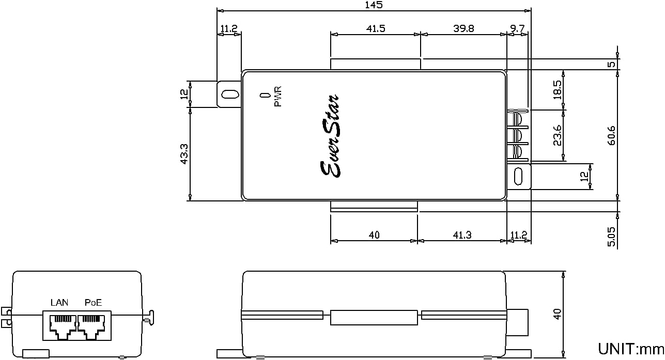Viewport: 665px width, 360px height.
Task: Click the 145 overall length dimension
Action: [x=374, y=5]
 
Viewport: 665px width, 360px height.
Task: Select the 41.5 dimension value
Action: [x=376, y=28]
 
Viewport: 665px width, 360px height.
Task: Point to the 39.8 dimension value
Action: [x=463, y=28]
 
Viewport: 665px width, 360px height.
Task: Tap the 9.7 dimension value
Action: [x=517, y=28]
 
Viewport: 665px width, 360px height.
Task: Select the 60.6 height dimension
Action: [x=612, y=135]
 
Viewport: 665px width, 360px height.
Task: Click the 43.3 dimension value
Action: [x=184, y=154]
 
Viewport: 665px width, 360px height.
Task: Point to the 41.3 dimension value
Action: [x=462, y=235]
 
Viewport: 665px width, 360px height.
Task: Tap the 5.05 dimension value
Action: [x=612, y=237]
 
